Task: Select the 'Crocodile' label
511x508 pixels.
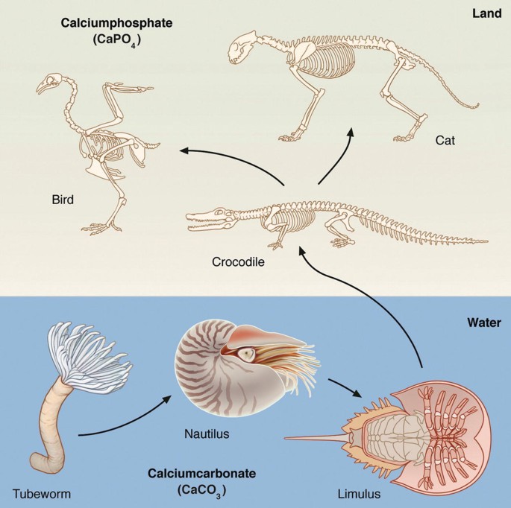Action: pyautogui.click(x=239, y=262)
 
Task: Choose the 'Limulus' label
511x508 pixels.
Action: pyautogui.click(x=359, y=492)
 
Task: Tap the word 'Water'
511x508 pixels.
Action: pyautogui.click(x=483, y=323)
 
